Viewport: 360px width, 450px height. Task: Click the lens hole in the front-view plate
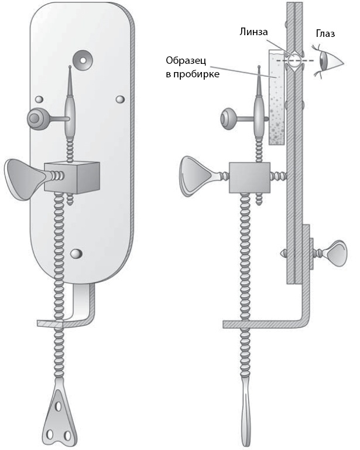[81, 58]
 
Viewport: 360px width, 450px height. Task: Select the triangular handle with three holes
[60, 416]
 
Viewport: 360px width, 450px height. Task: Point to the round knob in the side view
[229, 119]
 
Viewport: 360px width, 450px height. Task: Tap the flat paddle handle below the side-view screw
[245, 410]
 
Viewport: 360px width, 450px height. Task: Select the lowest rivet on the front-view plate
[76, 253]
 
